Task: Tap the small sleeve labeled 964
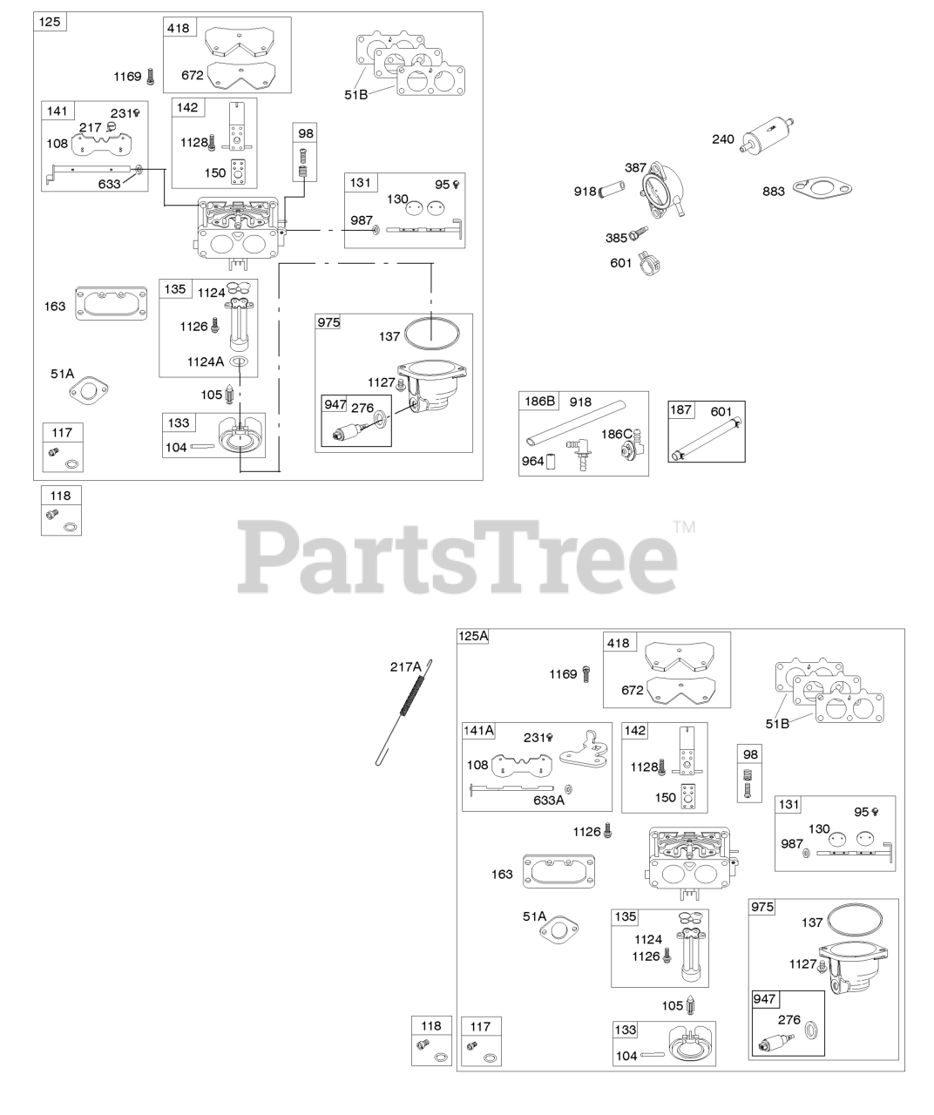coord(552,462)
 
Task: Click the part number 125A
coord(472,637)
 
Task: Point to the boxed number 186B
coord(539,402)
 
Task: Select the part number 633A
coord(550,800)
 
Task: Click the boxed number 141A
coord(478,730)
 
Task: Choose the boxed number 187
coord(680,409)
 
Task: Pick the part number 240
coord(723,139)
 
